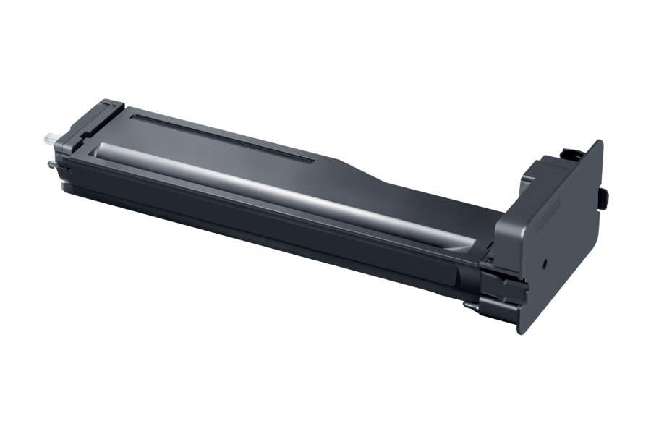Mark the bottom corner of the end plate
pyautogui.click(x=520, y=332)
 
